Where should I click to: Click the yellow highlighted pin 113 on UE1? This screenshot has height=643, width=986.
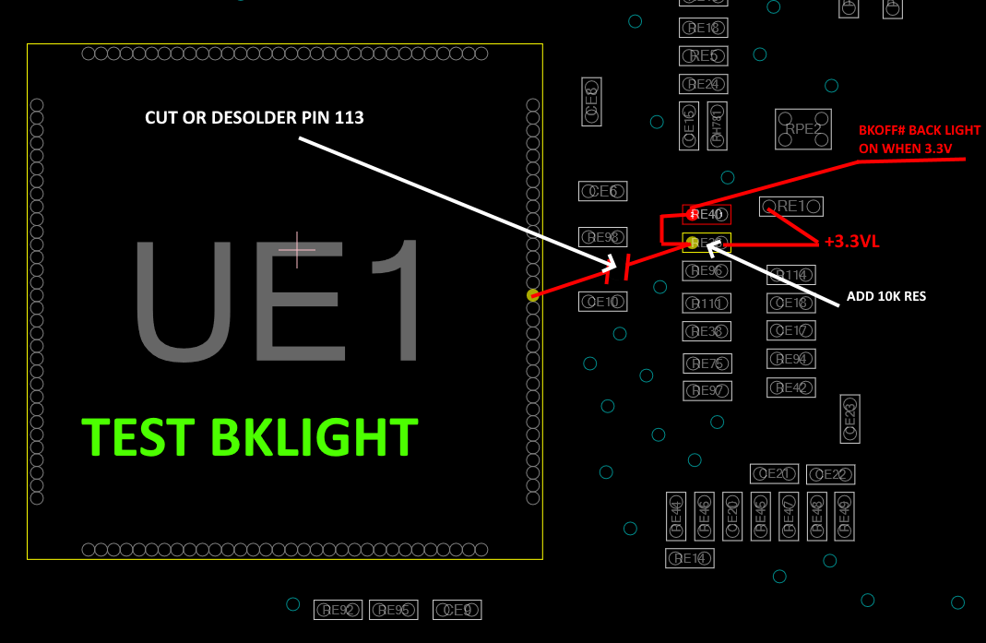tap(532, 295)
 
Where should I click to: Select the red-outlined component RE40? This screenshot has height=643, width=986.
tap(707, 215)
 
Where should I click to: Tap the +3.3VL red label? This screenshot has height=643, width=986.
tap(851, 242)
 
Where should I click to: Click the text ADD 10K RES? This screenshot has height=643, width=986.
tap(885, 297)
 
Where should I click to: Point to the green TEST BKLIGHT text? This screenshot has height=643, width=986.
tap(250, 438)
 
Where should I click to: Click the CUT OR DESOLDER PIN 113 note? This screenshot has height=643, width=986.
tap(255, 118)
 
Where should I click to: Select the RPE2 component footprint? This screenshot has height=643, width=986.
tap(802, 129)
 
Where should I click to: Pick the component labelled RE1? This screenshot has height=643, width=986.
tap(790, 207)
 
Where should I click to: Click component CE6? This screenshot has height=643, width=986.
tap(602, 191)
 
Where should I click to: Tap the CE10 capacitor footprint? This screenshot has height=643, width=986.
tap(602, 302)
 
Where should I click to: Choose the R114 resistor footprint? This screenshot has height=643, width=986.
tap(790, 275)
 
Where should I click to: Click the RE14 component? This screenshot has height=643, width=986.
tap(689, 558)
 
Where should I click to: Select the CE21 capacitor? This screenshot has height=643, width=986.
tap(774, 474)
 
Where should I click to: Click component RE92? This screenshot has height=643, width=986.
tap(338, 610)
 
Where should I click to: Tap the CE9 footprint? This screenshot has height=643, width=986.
tap(457, 610)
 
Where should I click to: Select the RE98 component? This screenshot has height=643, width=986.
tap(602, 237)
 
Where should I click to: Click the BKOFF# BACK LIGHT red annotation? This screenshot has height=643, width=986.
tap(919, 138)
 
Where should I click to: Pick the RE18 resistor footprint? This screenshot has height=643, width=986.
tap(704, 28)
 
